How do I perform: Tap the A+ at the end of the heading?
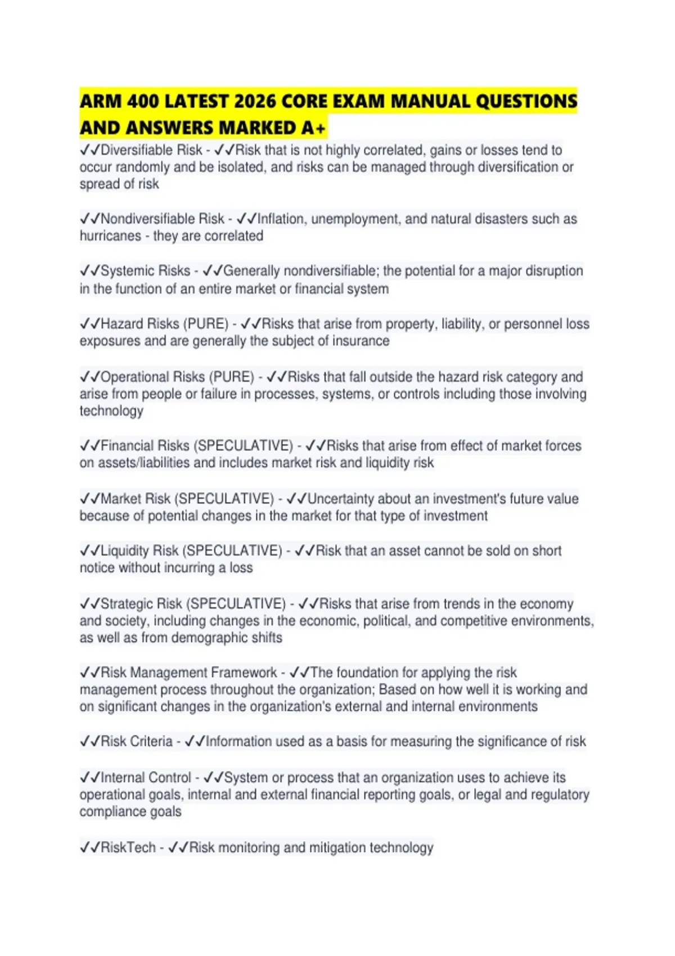click(313, 128)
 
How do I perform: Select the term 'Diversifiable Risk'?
click(151, 150)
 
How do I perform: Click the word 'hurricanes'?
click(110, 236)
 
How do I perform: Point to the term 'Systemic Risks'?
click(145, 271)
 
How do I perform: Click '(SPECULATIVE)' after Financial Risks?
click(243, 446)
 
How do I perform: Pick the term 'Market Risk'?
click(135, 499)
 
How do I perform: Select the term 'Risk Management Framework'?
click(188, 673)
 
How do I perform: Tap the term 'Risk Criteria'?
click(136, 741)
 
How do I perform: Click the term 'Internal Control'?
click(146, 778)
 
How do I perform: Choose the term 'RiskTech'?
click(128, 847)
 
